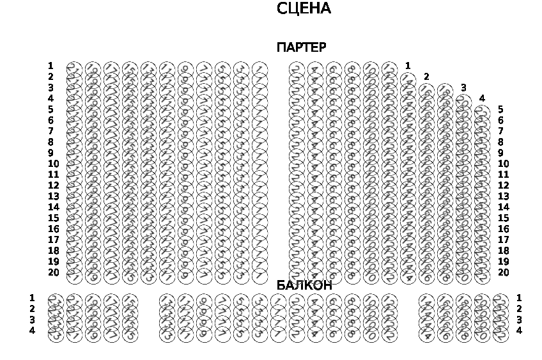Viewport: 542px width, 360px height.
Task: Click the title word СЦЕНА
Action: (304, 9)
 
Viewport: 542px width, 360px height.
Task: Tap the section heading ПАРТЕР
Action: (301, 47)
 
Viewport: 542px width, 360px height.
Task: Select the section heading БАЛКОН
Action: (304, 285)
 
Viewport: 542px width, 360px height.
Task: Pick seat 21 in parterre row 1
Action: (74, 68)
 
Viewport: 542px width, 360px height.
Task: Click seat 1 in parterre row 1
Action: (259, 68)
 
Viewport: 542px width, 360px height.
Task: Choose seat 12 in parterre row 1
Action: (389, 68)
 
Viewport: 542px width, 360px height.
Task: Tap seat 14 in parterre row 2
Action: (408, 79)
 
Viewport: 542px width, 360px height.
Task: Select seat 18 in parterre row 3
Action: (445, 90)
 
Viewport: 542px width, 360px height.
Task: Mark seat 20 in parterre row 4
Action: (463, 101)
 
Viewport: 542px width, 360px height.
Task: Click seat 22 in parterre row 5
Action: (482, 112)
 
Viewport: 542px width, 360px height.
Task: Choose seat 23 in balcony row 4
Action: (56, 333)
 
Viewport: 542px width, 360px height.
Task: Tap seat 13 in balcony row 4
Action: (167, 333)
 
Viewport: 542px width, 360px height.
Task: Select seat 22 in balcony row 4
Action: (500, 333)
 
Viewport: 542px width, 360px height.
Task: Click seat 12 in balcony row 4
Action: (389, 333)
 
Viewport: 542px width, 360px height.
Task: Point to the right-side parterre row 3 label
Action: (463, 88)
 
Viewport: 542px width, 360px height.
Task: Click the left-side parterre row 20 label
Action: (53, 272)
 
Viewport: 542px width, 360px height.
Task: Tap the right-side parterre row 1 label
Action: (408, 66)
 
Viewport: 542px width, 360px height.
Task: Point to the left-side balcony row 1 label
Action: (32, 298)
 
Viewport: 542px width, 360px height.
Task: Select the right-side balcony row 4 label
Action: (519, 331)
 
